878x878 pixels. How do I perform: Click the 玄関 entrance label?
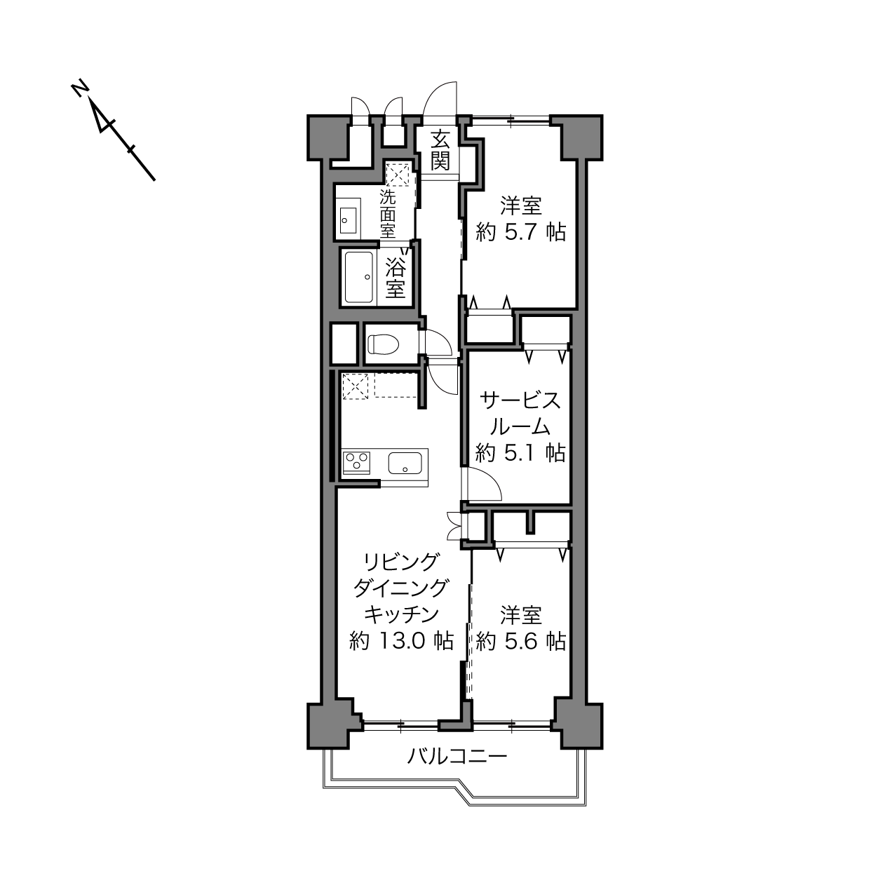click(440, 150)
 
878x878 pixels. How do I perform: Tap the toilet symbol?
click(383, 344)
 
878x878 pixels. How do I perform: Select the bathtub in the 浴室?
click(358, 277)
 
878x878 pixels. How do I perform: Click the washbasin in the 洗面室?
click(349, 220)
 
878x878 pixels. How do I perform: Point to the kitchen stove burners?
click(357, 462)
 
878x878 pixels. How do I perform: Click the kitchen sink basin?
click(405, 463)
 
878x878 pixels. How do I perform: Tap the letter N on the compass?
click(80, 88)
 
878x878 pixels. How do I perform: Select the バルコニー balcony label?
click(457, 757)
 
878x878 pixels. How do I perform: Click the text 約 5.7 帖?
click(521, 233)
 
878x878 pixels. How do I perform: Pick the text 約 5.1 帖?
click(520, 453)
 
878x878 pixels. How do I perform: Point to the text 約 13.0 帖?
click(401, 641)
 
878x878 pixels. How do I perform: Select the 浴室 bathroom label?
click(395, 277)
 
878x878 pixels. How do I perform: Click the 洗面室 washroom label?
click(388, 214)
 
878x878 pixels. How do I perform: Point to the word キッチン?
click(401, 614)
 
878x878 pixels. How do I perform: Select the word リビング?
click(402, 562)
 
